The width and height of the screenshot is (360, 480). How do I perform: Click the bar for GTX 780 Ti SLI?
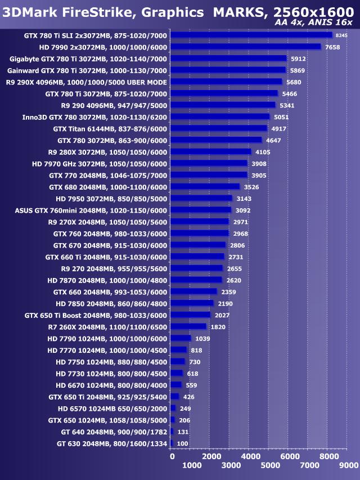250,35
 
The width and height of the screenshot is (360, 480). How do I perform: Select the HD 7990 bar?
245,47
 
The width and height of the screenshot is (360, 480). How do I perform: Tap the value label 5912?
298,59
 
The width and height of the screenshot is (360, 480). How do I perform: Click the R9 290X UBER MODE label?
87,82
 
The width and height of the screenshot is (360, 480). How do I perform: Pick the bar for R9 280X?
210,151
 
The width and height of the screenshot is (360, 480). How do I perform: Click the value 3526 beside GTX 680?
251,187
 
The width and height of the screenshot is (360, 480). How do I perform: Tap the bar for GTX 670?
197,245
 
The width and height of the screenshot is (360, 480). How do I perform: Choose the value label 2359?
228,291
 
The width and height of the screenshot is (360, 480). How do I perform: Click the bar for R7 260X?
188,326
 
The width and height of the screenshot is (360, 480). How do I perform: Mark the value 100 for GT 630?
182,443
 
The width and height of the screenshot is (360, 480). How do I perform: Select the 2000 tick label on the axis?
211,456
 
